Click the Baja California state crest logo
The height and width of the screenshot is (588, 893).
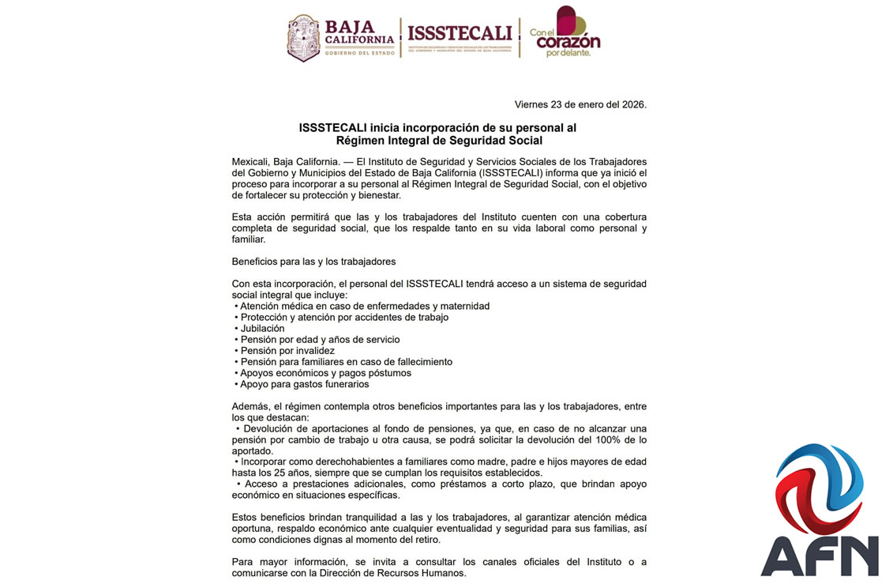coord(304,38)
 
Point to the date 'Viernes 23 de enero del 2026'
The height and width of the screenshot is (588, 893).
coord(580,104)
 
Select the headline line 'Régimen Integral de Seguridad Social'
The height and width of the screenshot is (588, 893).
coord(439,141)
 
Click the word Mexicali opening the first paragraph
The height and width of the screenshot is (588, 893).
coord(252,161)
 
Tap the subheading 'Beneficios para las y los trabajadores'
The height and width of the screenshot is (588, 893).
coord(313,261)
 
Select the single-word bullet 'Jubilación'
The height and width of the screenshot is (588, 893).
coord(262,328)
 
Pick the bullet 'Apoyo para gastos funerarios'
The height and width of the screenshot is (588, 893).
coord(304,384)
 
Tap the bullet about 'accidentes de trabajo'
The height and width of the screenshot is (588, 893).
coord(344,317)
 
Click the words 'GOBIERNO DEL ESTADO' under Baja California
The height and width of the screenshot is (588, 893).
coord(358,53)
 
